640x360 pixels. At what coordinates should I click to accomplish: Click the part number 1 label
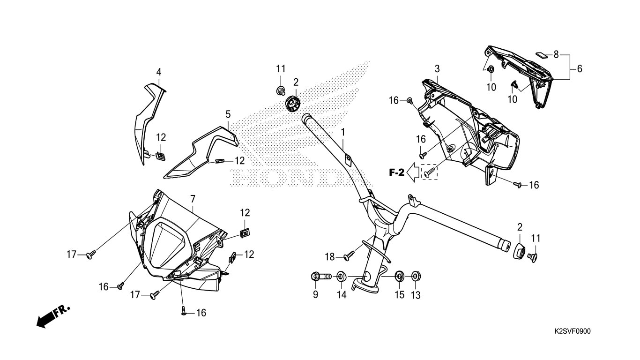343,133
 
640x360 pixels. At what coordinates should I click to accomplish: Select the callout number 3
437,69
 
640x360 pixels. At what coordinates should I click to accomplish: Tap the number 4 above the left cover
159,72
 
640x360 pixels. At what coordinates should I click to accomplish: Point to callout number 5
228,114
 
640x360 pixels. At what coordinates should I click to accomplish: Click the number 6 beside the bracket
580,69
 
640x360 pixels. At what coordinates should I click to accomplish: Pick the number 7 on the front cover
193,199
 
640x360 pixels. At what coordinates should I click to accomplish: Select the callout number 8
556,54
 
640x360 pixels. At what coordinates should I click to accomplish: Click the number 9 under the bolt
315,295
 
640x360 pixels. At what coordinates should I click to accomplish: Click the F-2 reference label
396,173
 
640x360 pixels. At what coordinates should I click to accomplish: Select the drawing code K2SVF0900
572,331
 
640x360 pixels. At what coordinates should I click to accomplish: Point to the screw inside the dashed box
429,173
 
